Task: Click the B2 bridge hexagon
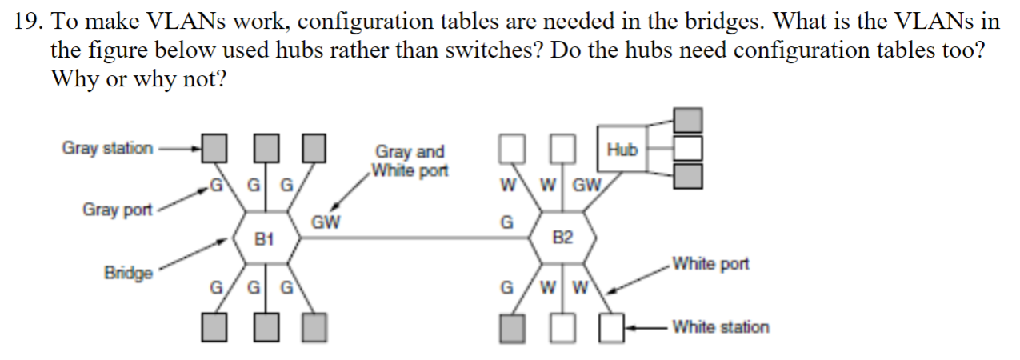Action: coord(562,238)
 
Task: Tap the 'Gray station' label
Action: coord(107,148)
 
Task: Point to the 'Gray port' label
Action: coord(117,210)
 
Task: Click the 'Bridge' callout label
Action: coord(128,273)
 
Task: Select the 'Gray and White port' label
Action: coord(410,161)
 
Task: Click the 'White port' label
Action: coord(710,264)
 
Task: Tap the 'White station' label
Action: coord(720,326)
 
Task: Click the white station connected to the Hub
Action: coord(688,148)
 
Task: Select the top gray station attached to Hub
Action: coord(688,121)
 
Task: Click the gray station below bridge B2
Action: coord(512,327)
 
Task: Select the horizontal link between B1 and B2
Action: coord(416,238)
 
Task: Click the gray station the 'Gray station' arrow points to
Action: coord(214,148)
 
